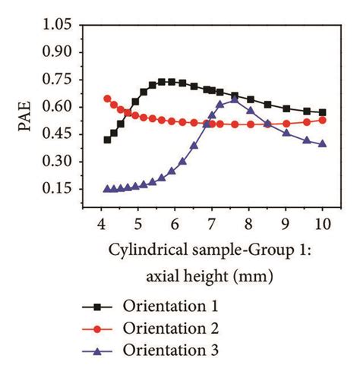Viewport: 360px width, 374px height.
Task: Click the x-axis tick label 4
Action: point(101,225)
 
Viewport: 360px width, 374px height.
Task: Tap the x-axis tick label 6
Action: point(175,225)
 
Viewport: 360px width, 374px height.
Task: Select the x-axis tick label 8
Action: point(248,225)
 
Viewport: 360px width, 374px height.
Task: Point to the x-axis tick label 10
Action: point(321,225)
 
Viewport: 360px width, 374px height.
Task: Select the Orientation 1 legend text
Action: point(170,306)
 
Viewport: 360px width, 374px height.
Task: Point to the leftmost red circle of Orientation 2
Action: point(107,99)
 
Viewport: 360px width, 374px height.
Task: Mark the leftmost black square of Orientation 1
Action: point(107,140)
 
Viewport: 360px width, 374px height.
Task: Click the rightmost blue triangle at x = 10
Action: point(322,143)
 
